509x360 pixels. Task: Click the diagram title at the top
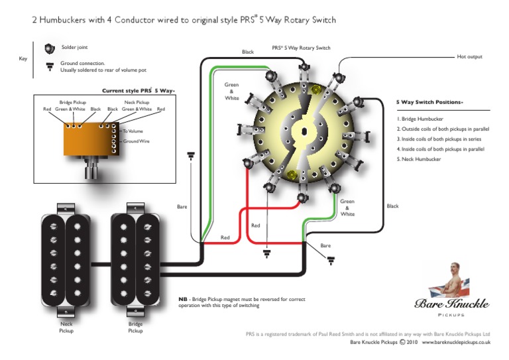coord(184,20)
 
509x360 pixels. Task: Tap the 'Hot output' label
coord(470,57)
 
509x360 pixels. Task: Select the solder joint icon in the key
coord(48,48)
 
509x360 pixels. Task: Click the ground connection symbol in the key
coord(48,66)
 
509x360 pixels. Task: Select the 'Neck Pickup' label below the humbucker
coord(66,326)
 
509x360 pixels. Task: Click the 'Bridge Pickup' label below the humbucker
coord(135,326)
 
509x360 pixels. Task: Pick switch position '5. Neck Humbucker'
coord(420,159)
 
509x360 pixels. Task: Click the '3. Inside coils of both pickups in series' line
coord(440,139)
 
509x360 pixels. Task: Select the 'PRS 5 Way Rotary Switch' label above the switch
coord(301,48)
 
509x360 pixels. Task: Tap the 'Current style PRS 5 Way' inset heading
coord(136,90)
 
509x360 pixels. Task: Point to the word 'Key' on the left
coord(23,59)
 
